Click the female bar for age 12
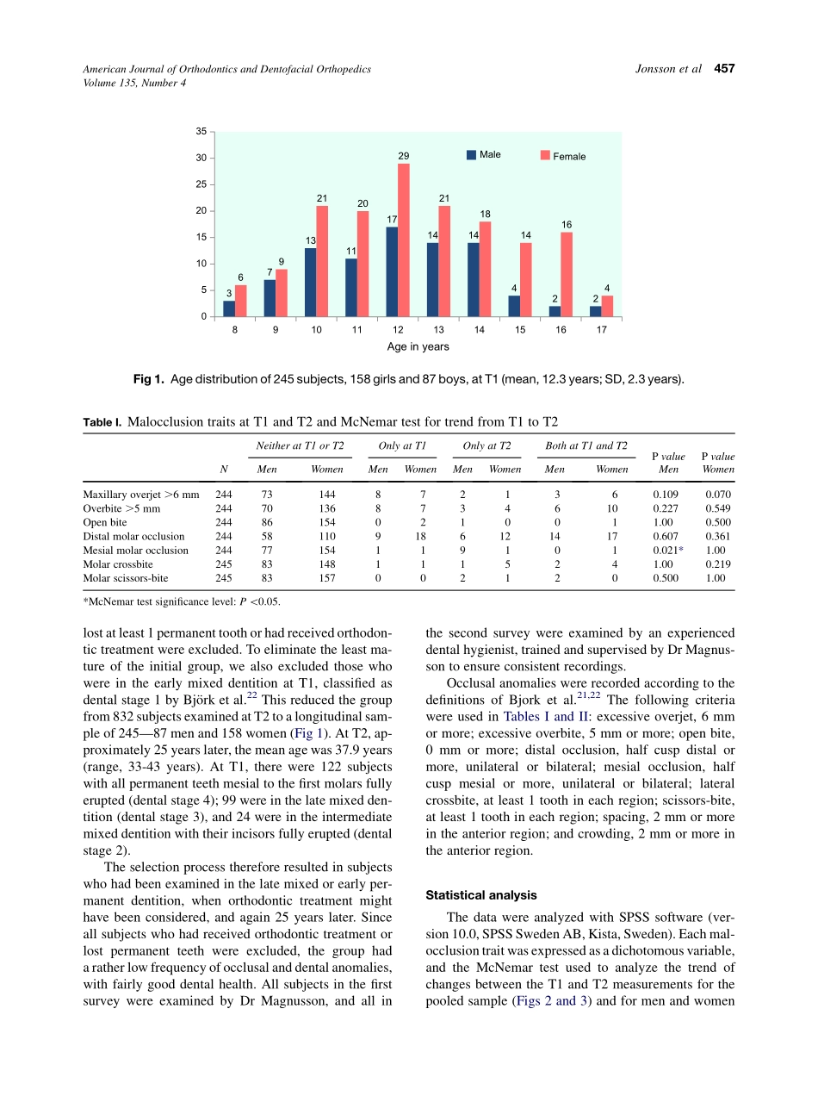click(404, 240)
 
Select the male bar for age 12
click(392, 271)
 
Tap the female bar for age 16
click(567, 274)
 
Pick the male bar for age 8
click(229, 308)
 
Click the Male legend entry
click(484, 155)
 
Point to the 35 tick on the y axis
click(201, 131)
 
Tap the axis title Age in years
click(418, 347)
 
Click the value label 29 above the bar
click(403, 156)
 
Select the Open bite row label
click(105, 522)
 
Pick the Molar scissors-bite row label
click(126, 578)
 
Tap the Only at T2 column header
click(486, 445)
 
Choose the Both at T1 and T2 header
click(586, 445)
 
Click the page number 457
click(724, 69)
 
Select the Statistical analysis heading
click(481, 895)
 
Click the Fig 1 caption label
click(149, 378)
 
